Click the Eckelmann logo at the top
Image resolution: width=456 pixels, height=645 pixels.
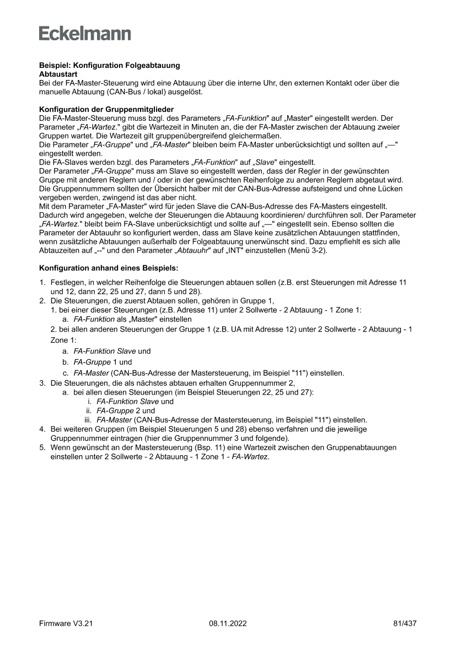85,33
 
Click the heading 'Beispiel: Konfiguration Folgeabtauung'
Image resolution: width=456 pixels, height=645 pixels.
109,65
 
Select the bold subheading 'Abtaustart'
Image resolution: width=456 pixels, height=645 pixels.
57,73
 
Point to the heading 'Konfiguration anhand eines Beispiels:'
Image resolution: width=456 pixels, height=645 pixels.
109,268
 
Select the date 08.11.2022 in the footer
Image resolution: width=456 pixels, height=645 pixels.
228,623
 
